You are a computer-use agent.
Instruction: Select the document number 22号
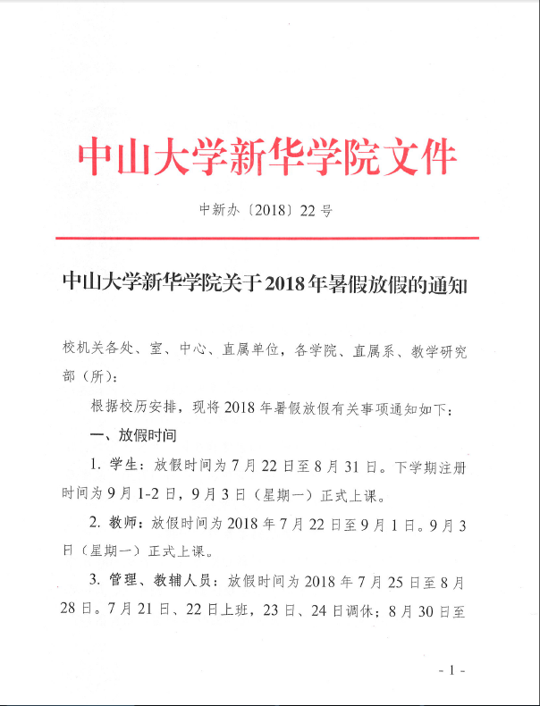click(318, 212)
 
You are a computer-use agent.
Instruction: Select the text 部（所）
click(89, 376)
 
